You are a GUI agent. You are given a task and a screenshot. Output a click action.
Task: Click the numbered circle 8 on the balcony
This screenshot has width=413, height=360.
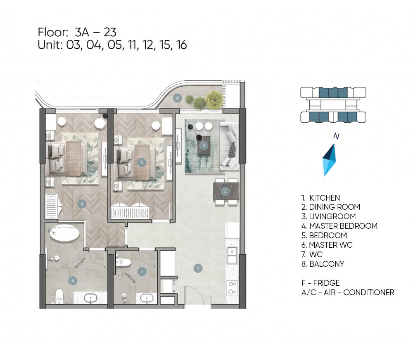(177, 98)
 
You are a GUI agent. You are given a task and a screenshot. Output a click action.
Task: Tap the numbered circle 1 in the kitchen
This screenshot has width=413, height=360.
(198, 268)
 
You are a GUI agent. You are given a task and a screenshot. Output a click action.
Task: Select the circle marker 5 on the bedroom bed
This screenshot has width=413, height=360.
(141, 162)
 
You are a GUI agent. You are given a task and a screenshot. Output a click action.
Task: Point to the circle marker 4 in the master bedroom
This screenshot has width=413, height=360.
(82, 204)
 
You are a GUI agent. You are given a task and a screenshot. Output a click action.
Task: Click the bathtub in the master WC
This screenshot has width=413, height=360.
(64, 233)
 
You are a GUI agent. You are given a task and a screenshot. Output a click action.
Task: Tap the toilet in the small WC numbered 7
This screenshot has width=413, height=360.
(123, 262)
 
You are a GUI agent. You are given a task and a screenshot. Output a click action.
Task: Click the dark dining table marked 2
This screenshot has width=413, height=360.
(226, 191)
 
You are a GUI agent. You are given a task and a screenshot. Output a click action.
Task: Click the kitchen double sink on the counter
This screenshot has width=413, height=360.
(232, 255)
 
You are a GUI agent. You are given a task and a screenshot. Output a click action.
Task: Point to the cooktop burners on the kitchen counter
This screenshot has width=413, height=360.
(232, 288)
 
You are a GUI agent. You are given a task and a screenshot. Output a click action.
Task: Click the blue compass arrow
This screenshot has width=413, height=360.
(329, 160)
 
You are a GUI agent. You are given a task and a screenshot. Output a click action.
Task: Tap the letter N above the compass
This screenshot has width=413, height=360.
(336, 136)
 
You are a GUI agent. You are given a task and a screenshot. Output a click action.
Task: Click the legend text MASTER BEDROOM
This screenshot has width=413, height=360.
(343, 226)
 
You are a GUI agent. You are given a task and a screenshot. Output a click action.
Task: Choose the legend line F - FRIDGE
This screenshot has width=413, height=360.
(320, 283)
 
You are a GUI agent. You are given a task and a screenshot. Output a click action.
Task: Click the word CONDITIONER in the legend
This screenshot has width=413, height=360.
(369, 292)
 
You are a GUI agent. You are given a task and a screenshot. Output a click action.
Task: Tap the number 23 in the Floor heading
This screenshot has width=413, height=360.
(110, 32)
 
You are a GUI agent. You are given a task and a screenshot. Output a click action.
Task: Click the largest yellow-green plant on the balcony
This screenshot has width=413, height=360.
(214, 99)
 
